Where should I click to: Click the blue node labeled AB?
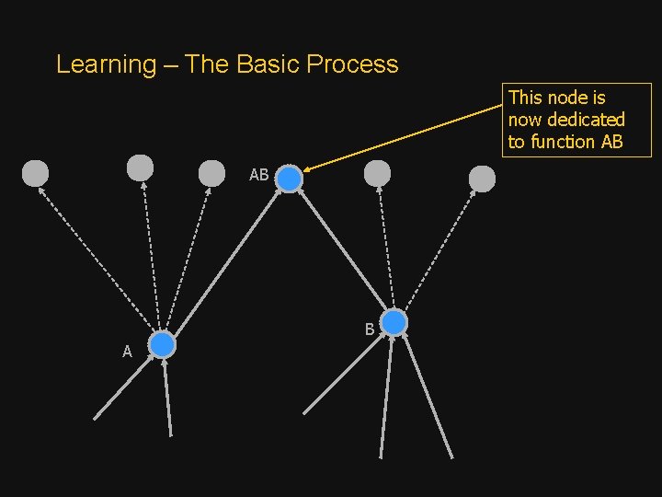(289, 179)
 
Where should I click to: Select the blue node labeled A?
(162, 345)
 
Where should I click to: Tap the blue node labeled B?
(394, 323)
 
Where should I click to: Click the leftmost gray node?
(35, 173)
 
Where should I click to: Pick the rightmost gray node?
(482, 179)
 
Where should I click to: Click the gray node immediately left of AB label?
(211, 173)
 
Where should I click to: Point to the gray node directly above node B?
(377, 173)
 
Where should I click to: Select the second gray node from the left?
(140, 168)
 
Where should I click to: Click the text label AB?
(259, 175)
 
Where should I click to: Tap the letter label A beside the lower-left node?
(128, 352)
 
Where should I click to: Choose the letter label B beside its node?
(369, 329)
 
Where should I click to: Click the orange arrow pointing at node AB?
(405, 136)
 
